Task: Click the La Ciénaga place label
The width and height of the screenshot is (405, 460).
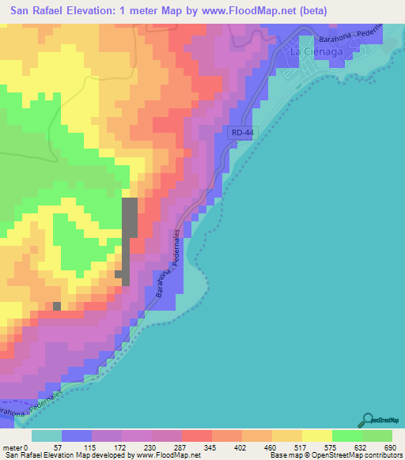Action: [x=312, y=51]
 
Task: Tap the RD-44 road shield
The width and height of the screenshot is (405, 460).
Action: [x=244, y=134]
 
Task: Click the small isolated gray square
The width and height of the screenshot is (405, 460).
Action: [x=56, y=306]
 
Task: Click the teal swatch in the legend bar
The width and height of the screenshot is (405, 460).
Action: [x=47, y=435]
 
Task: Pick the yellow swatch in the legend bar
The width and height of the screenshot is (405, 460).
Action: [x=317, y=435]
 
